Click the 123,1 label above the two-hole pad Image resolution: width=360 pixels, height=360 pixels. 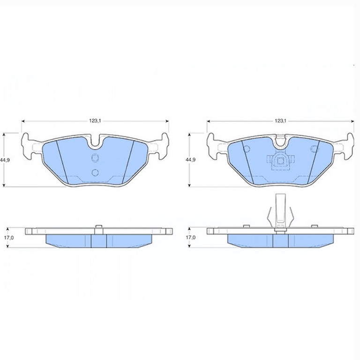pyautogui.click(x=95, y=121)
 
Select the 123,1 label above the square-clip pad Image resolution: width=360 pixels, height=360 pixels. pyautogui.click(x=280, y=121)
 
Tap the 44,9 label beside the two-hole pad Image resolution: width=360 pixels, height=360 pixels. pyautogui.click(x=5, y=160)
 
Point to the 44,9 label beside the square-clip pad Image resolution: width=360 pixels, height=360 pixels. pyautogui.click(x=191, y=160)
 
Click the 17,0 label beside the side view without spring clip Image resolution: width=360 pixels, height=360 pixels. pyautogui.click(x=9, y=238)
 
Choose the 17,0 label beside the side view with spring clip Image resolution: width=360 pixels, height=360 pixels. pyautogui.click(x=191, y=238)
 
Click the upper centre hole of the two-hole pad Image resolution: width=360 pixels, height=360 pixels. pyautogui.click(x=95, y=157)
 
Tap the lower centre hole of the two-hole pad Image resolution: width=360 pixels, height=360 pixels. pyautogui.click(x=95, y=172)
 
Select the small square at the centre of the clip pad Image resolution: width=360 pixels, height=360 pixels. pyautogui.click(x=280, y=161)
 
